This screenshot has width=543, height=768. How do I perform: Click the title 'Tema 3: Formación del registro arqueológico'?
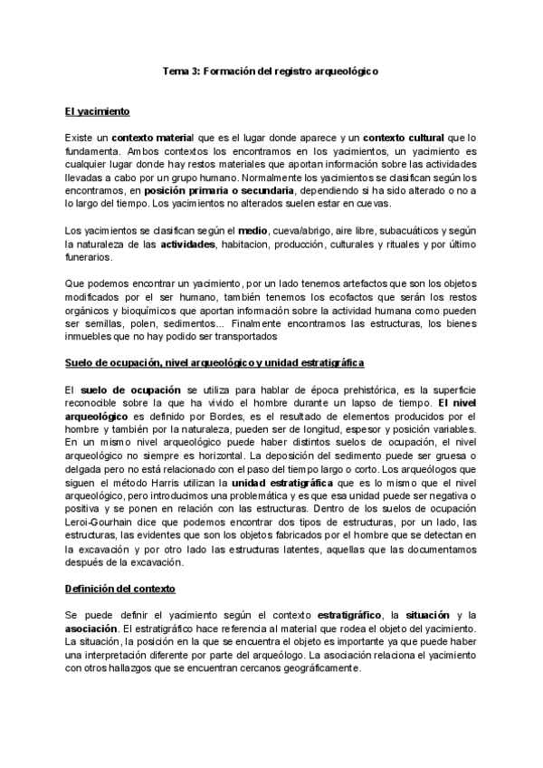pyautogui.click(x=271, y=70)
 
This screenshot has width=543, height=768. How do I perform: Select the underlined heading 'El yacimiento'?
pyautogui.click(x=98, y=111)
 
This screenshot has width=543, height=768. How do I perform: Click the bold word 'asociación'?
pyautogui.click(x=90, y=628)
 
